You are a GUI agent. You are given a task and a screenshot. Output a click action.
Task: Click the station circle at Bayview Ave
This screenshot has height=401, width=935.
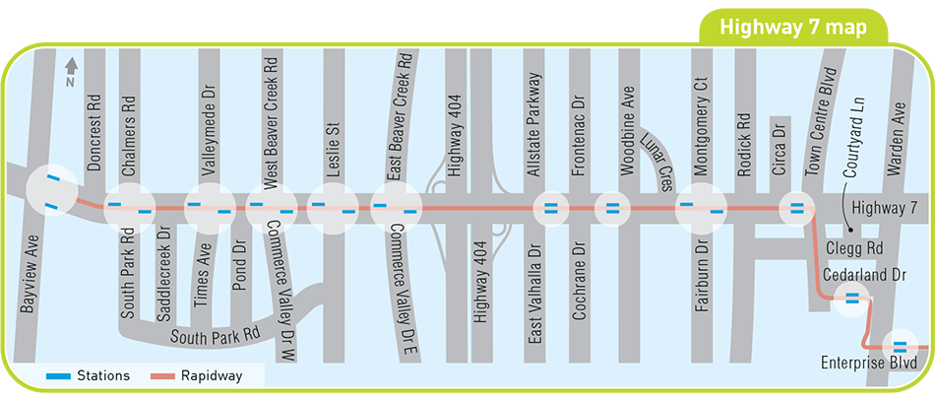pyautogui.click(x=50, y=192)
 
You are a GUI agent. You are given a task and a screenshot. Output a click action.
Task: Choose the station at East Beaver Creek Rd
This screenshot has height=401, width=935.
pyautogui.click(x=397, y=208)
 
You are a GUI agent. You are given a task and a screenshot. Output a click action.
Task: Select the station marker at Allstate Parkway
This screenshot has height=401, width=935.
pyautogui.click(x=550, y=208)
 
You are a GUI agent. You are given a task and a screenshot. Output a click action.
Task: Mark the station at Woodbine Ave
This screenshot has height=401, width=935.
pyautogui.click(x=612, y=208)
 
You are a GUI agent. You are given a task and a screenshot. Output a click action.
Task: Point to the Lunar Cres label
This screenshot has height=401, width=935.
pyautogui.click(x=653, y=148)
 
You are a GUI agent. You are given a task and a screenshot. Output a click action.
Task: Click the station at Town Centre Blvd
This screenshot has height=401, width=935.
pyautogui.click(x=795, y=208)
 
